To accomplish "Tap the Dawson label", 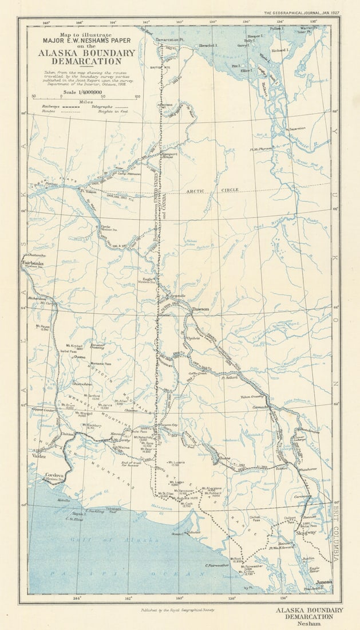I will pos(200,309).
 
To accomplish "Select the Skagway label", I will pos(307,533).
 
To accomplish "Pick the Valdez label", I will pos(39,456).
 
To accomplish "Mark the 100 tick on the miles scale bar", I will pos(137,96).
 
